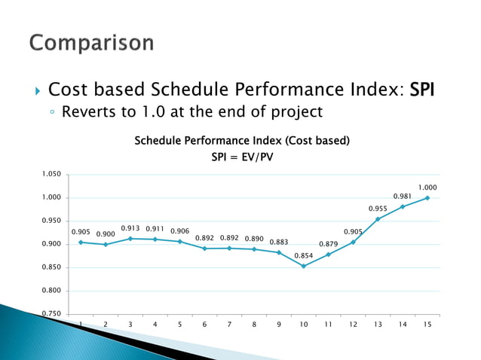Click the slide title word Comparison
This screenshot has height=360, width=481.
click(91, 43)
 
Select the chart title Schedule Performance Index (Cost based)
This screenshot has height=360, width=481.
click(241, 141)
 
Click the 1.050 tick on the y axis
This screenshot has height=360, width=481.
click(51, 175)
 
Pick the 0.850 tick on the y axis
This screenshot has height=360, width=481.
click(51, 267)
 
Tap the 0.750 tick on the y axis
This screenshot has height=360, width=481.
click(51, 314)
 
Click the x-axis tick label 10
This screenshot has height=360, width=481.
click(304, 325)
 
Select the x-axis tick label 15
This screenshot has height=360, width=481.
click(427, 325)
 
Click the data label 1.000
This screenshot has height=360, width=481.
click(428, 187)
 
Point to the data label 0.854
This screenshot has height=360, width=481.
click(304, 255)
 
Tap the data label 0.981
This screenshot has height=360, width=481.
click(403, 196)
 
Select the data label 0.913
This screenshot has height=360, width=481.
click(130, 227)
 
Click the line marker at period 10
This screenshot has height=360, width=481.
click(304, 266)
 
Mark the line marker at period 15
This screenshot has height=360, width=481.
click(427, 198)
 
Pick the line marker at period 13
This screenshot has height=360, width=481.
click(378, 219)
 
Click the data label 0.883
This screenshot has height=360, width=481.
click(279, 242)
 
